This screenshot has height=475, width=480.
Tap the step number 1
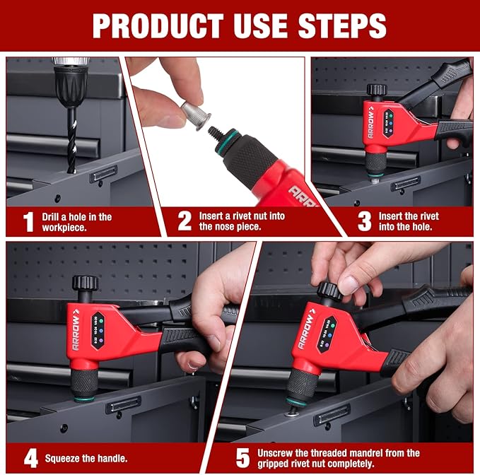[x=28, y=222]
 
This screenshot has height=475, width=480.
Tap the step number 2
[x=185, y=221]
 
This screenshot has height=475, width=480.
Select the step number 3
[x=364, y=221]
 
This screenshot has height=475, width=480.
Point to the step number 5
[x=242, y=458]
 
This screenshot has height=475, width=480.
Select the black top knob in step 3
[x=376, y=90]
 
